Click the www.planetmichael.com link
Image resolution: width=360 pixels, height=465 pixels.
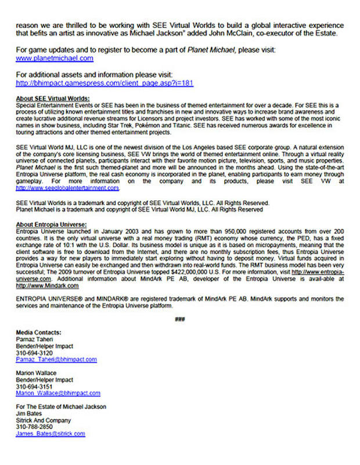pos(55,58)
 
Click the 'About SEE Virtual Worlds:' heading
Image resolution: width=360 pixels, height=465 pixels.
pos(53,98)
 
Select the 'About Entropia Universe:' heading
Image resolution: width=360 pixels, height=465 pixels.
pos(52,224)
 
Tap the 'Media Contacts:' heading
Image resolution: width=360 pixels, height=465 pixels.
pos(39,332)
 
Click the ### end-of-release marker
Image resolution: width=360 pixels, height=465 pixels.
pos(179,319)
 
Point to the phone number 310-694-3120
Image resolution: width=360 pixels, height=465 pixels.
pos(34,353)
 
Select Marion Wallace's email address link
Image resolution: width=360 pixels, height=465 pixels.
pos(58,394)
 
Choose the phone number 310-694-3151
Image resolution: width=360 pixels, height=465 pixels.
pos(34,387)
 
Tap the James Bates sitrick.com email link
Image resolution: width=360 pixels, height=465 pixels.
pos(51,434)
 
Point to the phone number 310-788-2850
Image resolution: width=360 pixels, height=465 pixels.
pos(34,427)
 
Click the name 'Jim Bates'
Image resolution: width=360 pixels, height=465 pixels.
pos(30,413)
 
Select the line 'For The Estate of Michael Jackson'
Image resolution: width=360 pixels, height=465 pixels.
pos(61,407)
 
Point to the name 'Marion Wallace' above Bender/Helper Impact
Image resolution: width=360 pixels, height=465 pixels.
pos(37,373)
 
